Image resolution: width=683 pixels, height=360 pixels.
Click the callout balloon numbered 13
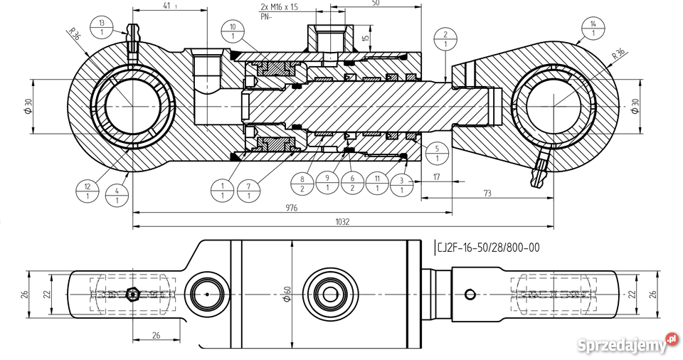tap(103, 28)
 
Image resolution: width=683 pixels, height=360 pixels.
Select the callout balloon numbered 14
tap(593, 28)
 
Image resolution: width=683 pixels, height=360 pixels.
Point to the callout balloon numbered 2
tap(445, 39)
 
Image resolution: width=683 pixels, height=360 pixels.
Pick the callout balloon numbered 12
tap(88, 191)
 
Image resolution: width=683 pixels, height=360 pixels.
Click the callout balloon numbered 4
tap(117, 196)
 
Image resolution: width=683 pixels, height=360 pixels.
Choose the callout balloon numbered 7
tap(248, 190)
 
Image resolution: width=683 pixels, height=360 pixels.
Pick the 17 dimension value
tap(435, 176)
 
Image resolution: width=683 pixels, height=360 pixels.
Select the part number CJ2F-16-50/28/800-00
tap(488, 248)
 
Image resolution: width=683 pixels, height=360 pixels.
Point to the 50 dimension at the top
tap(375, 4)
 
